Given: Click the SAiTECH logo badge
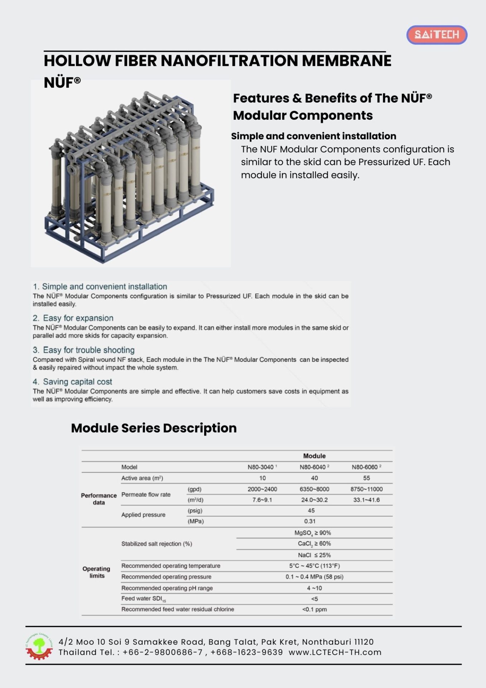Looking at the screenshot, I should tap(437, 35).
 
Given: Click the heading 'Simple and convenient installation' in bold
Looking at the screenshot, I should tap(313, 136).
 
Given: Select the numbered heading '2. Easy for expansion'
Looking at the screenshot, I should tap(73, 318).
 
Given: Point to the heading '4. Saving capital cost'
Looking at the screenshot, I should tap(72, 382).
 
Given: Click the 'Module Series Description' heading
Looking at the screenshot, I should tap(154, 428).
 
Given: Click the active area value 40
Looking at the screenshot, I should tap(314, 478).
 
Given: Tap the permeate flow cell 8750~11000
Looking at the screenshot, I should tap(366, 489).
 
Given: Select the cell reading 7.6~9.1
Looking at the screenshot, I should tap(262, 500).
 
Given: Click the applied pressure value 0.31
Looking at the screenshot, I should tap(310, 521).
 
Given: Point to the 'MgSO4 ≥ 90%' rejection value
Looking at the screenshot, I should tap(312, 533).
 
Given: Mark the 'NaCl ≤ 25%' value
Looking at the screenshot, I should tap(314, 555).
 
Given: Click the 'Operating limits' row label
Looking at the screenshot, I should tap(96, 572).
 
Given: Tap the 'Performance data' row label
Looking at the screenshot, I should tap(98, 499).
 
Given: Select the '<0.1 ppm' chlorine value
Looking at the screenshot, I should tap(314, 610).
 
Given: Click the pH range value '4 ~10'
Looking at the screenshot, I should tap(314, 588).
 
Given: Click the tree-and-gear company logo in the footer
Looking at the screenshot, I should tap(39, 647).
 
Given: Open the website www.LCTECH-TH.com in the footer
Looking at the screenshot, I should tap(335, 652).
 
